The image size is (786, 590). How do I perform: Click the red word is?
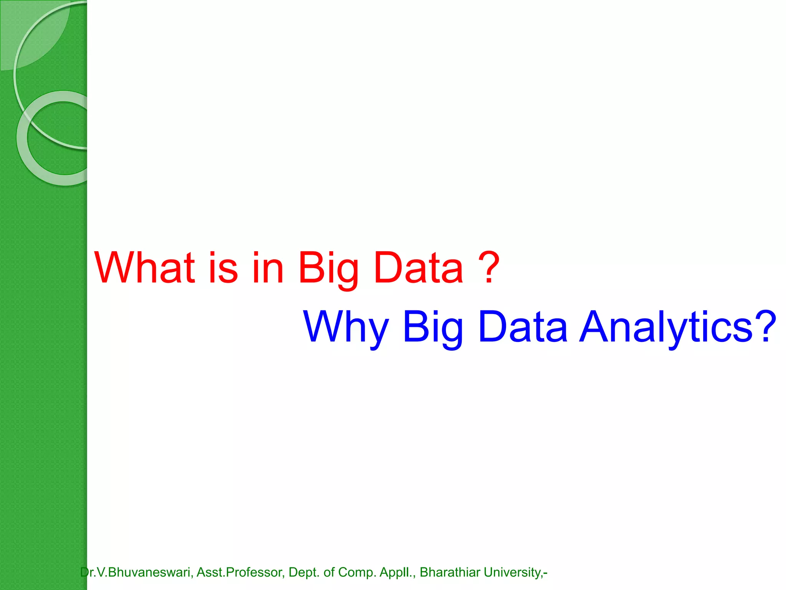pyautogui.click(x=223, y=267)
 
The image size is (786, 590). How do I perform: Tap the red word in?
pyautogui.click(x=268, y=267)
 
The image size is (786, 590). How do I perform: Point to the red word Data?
pyautogui.click(x=418, y=267)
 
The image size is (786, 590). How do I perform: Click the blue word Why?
pyautogui.click(x=346, y=328)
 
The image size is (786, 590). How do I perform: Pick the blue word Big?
pyautogui.click(x=433, y=328)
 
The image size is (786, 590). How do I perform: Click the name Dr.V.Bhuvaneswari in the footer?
pyautogui.click(x=135, y=572)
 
